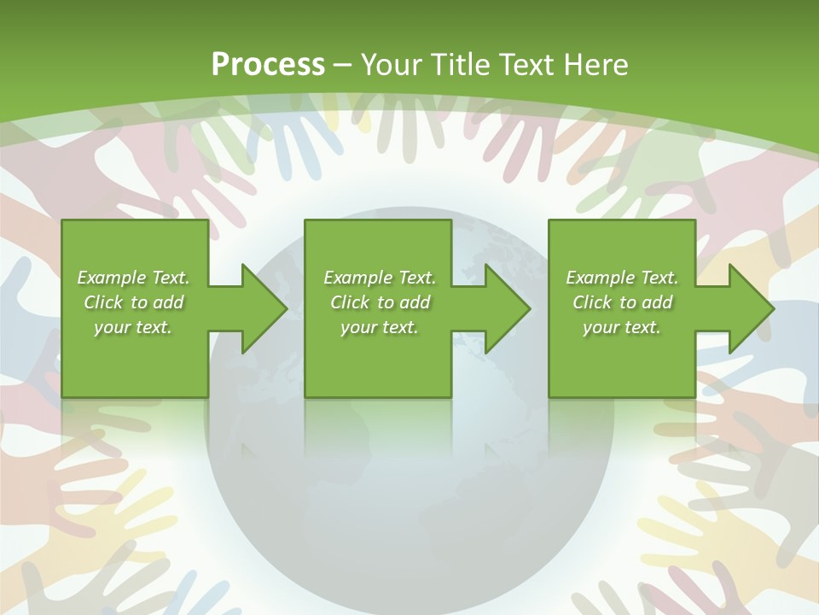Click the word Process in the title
[268, 65]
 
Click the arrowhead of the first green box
[263, 308]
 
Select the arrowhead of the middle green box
[506, 308]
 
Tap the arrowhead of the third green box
[750, 308]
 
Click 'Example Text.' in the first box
[133, 278]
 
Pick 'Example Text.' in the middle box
[380, 278]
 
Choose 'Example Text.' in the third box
[622, 278]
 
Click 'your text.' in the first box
[133, 327]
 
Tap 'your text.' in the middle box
[380, 327]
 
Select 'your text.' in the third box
[622, 327]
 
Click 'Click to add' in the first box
[133, 302]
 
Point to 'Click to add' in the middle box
[380, 302]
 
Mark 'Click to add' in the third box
[622, 302]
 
